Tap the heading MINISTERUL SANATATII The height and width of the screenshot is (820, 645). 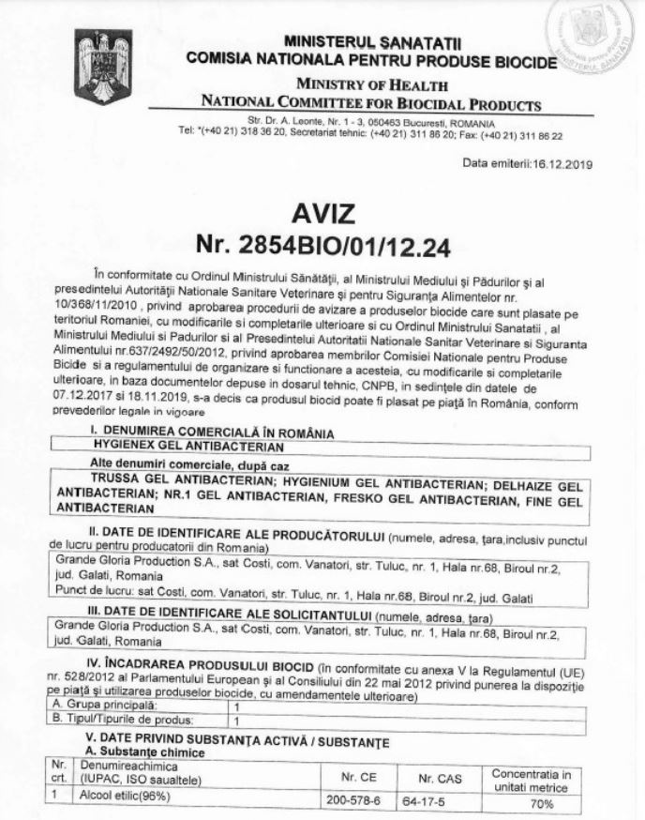click(372, 43)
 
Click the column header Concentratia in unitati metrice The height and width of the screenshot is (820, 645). click(531, 779)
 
